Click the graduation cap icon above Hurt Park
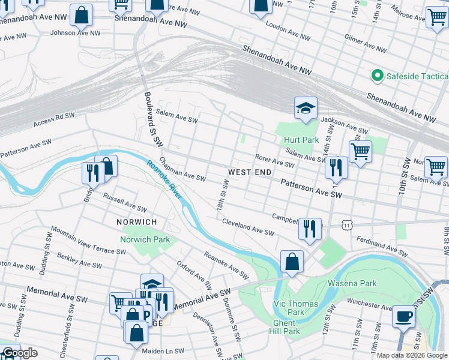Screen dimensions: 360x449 [306, 109]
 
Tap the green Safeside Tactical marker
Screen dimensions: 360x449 [378, 76]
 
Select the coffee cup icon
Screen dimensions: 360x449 [403, 316]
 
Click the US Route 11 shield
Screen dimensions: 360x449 [347, 224]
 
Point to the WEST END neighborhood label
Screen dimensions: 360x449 [246, 172]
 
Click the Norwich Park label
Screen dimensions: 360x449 [146, 240]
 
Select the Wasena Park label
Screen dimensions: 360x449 [351, 283]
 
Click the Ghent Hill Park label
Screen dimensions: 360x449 [283, 327]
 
